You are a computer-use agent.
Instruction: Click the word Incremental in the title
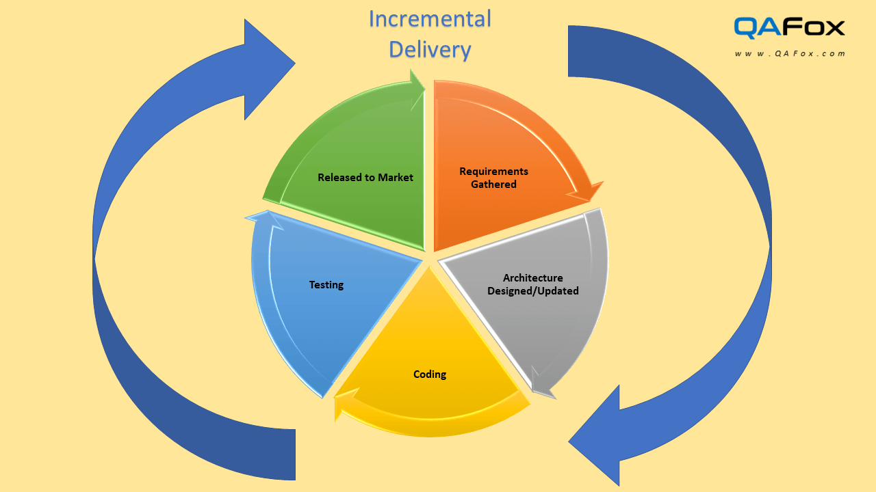430,19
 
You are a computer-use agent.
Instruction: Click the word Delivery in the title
430,50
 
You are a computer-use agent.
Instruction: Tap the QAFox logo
789,27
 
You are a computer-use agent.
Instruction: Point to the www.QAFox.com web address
790,53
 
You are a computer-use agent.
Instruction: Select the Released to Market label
365,178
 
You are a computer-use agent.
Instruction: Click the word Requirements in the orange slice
493,171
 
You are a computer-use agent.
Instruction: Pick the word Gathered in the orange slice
493,184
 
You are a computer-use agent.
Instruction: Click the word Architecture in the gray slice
532,277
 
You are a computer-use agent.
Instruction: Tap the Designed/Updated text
532,291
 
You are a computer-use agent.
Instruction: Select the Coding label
430,374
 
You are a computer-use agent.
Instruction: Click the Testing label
326,285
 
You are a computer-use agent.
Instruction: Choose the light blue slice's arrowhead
260,218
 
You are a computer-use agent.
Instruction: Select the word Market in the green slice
397,178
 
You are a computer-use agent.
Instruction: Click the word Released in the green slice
340,178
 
